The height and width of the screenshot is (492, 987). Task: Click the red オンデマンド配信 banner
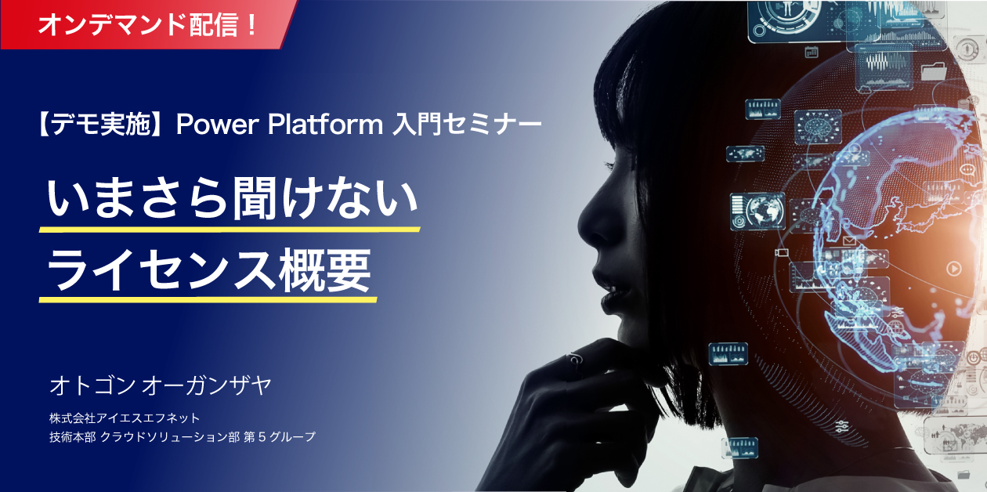(x=147, y=24)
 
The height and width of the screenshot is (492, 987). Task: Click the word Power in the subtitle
(x=217, y=125)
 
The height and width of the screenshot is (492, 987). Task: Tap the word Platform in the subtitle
(x=326, y=124)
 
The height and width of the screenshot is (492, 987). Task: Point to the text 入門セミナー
(x=467, y=125)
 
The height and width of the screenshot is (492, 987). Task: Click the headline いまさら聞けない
(x=232, y=198)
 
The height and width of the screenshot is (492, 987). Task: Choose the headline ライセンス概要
(x=209, y=270)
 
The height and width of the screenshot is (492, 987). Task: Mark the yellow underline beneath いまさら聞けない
(x=230, y=230)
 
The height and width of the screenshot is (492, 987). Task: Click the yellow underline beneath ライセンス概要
(x=208, y=300)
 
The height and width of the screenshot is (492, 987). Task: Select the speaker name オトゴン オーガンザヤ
(x=161, y=385)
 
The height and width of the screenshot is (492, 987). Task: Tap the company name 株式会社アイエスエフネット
(x=125, y=418)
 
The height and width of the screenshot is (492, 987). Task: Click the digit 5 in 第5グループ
(x=262, y=437)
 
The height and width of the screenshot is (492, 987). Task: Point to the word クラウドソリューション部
(x=170, y=437)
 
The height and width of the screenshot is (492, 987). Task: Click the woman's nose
(x=588, y=220)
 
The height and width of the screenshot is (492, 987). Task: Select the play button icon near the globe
(x=954, y=269)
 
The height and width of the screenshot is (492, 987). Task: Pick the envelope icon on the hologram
(x=849, y=241)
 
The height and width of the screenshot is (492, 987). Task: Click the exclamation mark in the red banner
(x=251, y=24)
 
